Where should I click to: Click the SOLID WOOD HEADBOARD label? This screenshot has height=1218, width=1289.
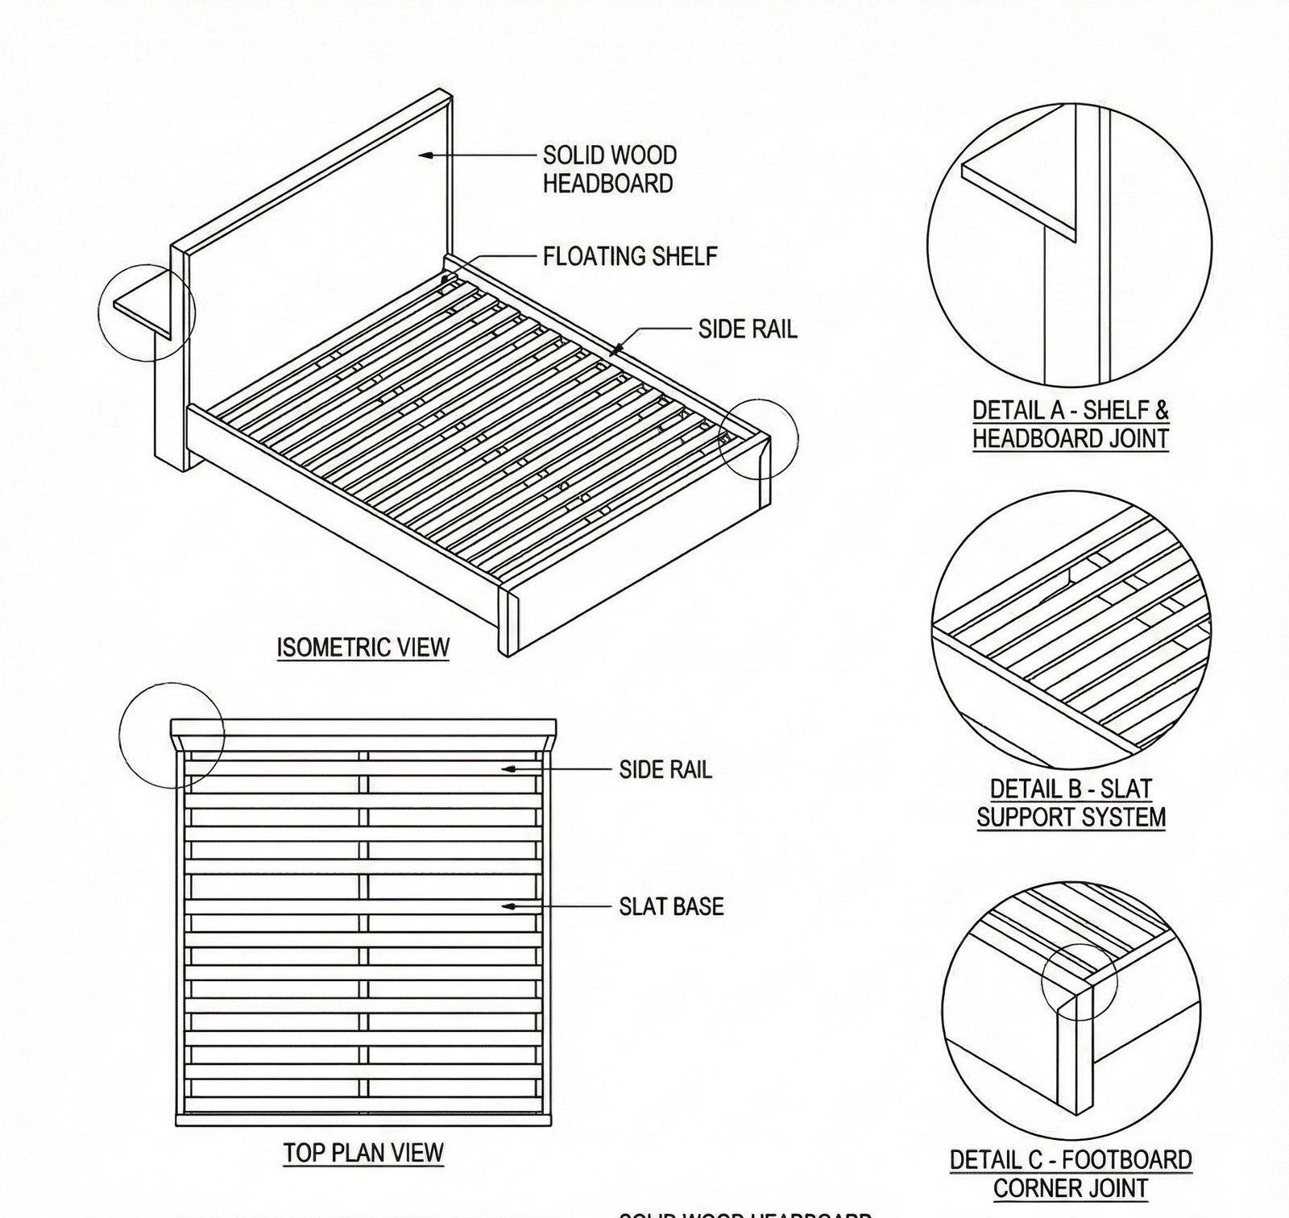608,169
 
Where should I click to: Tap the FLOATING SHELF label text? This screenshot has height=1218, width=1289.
629,256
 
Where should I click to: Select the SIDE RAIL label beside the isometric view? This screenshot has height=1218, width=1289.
747,329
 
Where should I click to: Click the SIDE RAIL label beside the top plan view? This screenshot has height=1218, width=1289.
665,770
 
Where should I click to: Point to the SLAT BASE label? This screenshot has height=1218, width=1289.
671,906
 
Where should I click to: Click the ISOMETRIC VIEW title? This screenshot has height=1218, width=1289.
363,648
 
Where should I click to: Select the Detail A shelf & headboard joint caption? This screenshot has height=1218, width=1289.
1070,425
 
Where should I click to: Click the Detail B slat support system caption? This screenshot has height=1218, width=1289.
1071,802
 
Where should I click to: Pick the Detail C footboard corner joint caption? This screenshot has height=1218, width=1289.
1071,1174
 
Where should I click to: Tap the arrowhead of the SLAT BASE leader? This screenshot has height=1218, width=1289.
507,906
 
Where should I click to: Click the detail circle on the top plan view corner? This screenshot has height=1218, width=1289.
172,734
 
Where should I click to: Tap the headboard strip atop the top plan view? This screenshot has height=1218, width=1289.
363,727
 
